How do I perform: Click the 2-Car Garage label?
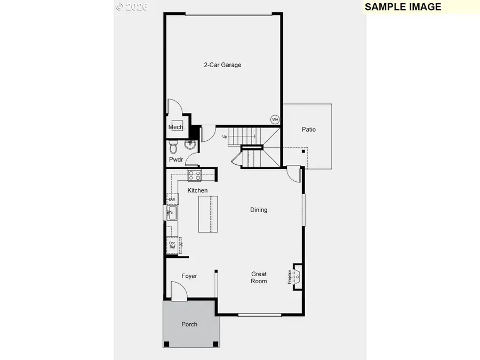point(222,65)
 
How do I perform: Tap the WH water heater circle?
point(275,119)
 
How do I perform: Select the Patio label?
point(308,130)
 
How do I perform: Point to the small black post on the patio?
point(303,152)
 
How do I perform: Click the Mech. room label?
point(176,127)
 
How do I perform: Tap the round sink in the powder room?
point(190,144)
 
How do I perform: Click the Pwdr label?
point(176,159)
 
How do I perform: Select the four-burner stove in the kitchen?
point(194,175)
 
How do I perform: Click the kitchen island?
point(208,214)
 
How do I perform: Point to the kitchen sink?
point(171,213)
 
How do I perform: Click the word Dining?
point(259,210)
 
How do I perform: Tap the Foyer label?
point(189,276)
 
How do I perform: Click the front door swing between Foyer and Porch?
point(179,291)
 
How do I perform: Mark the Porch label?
point(189,324)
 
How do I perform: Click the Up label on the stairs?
point(225,137)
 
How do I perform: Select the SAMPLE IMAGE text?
point(403,7)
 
